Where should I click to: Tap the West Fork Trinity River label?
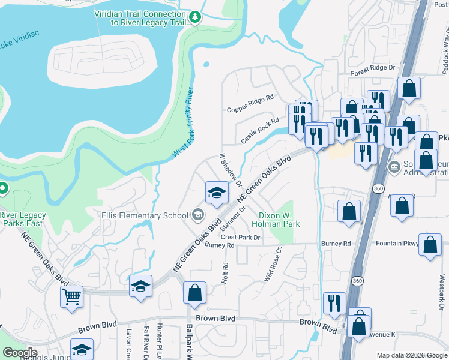coord(183,122)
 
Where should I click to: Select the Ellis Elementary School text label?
coord(145,215)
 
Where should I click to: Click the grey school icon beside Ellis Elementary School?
coord(198,215)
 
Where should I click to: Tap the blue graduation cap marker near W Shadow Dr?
coord(217,192)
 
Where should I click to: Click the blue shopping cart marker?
coord(71,296)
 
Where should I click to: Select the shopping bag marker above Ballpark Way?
coord(194,293)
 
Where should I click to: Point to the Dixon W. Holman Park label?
coord(279,219)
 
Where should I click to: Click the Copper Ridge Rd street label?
coord(250,110)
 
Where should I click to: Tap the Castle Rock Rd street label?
coord(261,130)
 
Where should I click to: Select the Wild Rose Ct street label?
coord(273,265)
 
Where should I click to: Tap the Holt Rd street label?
coord(226,273)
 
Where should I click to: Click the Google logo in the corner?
coord(20,353)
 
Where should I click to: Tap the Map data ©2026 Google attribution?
coord(411,355)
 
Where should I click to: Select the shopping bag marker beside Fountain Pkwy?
coord(430,245)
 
